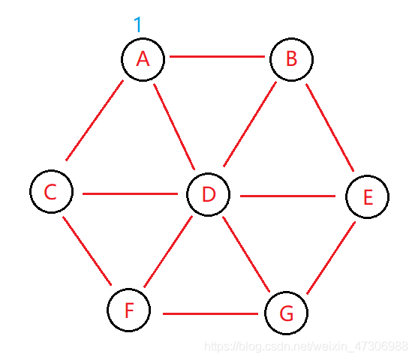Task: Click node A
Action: (143, 59)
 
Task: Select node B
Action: (291, 59)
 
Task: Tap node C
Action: (51, 191)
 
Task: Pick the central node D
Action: (209, 195)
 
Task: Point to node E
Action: (368, 196)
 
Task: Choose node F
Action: (129, 310)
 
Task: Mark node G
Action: (286, 313)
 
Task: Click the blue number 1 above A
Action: (138, 24)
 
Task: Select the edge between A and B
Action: (217, 56)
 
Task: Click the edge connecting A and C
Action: (95, 120)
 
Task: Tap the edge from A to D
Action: (174, 127)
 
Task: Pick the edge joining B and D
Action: (250, 124)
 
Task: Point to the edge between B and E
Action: (329, 127)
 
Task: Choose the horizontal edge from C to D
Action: (130, 194)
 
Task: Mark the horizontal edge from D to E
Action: (287, 196)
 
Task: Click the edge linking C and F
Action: (87, 251)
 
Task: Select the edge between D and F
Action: (168, 251)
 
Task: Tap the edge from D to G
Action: (246, 254)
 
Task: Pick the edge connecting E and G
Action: (331, 258)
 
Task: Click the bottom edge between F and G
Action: (210, 313)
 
